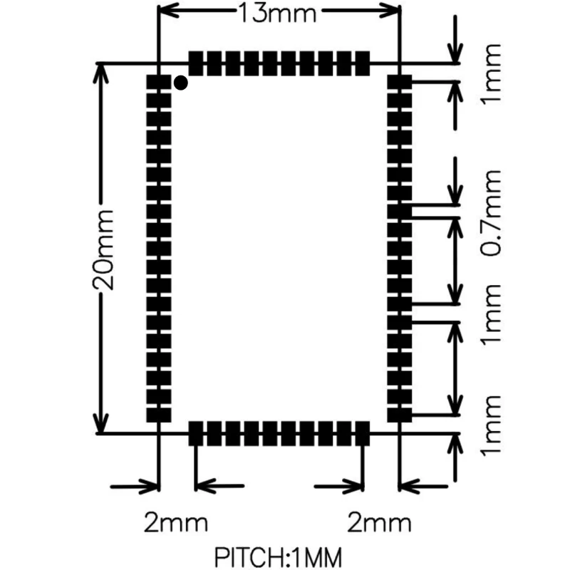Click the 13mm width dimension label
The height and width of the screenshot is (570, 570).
[x=277, y=14]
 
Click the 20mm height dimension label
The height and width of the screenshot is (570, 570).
[x=103, y=250]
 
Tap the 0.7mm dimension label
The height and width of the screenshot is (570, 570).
[x=491, y=212]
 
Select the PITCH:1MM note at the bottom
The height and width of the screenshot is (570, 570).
[x=278, y=557]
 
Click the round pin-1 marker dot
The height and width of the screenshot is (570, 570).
[x=181, y=83]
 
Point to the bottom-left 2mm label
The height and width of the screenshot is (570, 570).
[x=176, y=523]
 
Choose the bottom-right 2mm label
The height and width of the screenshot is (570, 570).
[x=380, y=523]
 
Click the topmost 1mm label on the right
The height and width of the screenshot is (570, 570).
[x=491, y=74]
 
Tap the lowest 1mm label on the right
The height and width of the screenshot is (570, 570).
[x=491, y=425]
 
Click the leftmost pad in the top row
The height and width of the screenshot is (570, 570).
[x=195, y=63]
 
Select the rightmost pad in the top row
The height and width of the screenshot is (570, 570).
[x=363, y=63]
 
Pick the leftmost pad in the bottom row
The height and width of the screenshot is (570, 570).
[x=195, y=434]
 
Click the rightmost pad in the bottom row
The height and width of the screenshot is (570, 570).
[x=363, y=434]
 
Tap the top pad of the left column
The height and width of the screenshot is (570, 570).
[x=158, y=82]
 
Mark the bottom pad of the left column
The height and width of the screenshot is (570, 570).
[x=158, y=415]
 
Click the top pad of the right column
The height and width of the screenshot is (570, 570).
[x=400, y=82]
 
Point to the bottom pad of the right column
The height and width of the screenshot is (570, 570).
[x=400, y=415]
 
